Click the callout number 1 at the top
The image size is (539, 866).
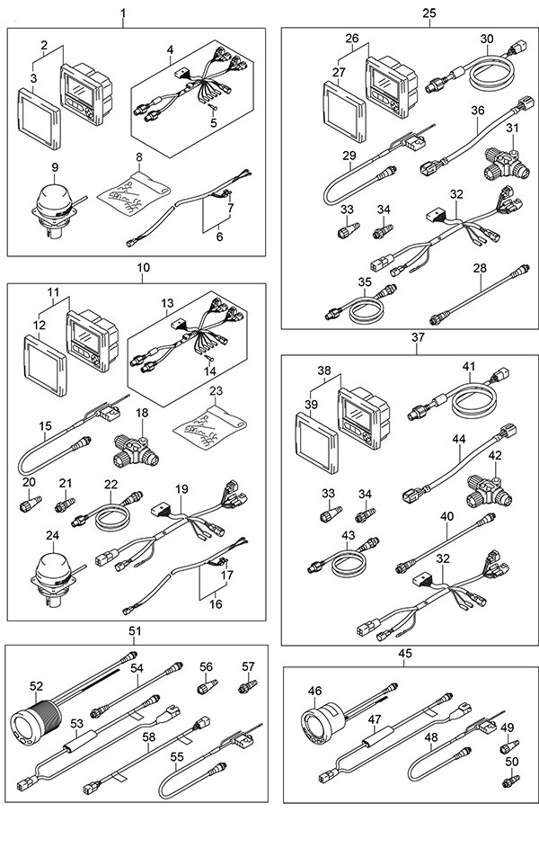pos(123,13)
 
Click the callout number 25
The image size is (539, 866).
pos(429,13)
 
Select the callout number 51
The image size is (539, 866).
pos(136,631)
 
